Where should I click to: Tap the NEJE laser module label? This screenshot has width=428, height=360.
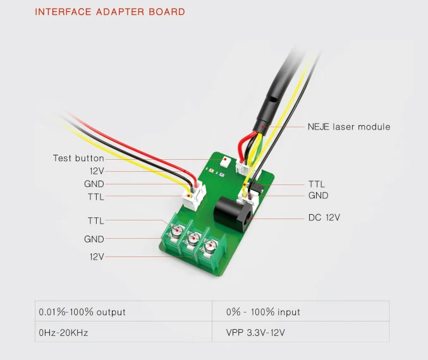tap(348, 127)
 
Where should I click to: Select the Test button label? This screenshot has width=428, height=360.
tap(78, 158)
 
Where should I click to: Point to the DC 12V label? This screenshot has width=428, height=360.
tap(324, 218)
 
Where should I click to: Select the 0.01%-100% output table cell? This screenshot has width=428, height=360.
tap(82, 312)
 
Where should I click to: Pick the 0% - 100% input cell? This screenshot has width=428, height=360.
tap(263, 312)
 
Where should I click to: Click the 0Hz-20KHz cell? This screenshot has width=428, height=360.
tap(63, 332)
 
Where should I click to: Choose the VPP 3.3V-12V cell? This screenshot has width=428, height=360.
tap(258, 332)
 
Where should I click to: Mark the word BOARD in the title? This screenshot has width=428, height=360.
tap(171, 12)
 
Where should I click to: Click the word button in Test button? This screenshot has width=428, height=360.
tap(90, 158)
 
